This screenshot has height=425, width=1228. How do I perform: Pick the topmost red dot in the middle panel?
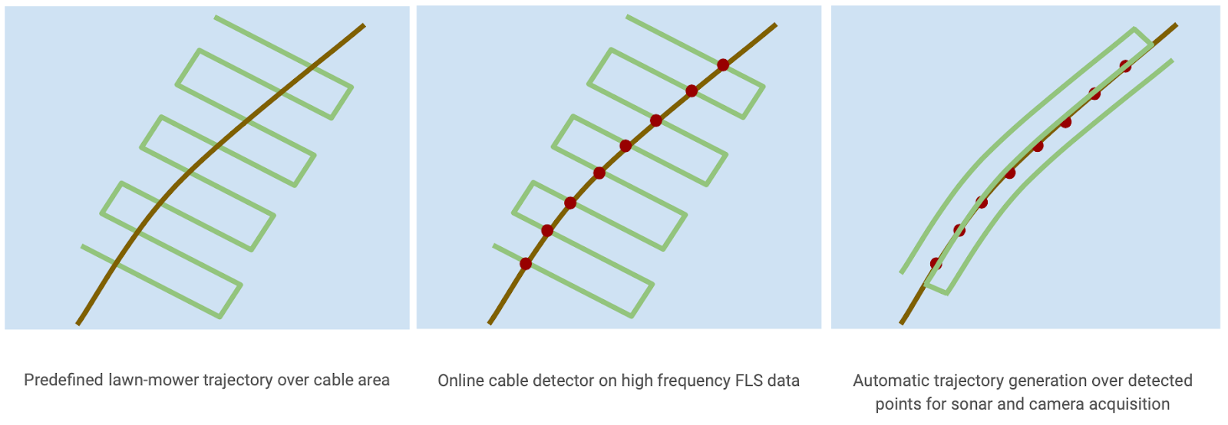[723, 64]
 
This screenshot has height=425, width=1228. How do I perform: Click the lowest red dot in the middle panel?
[526, 264]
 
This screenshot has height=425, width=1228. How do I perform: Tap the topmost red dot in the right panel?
[1125, 66]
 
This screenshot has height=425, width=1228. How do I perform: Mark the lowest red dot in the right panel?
[936, 263]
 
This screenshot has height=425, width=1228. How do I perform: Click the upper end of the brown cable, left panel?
[364, 25]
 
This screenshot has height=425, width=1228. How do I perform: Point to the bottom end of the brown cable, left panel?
[78, 325]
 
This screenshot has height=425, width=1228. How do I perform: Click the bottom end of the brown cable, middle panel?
[490, 324]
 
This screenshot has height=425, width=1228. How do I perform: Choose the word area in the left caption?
[373, 380]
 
